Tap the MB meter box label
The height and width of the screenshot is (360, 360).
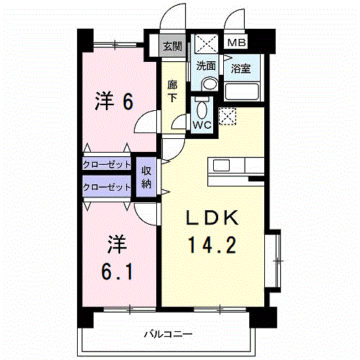[x=236, y=42]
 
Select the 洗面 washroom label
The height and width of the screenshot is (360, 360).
[x=206, y=66]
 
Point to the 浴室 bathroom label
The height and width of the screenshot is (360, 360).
[x=240, y=69]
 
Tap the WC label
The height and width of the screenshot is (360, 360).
[x=201, y=124]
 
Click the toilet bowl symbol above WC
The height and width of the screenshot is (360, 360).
[x=202, y=108]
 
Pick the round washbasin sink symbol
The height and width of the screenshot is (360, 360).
[x=208, y=84]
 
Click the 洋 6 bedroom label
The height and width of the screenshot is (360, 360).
[x=114, y=102]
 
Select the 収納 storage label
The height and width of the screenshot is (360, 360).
[x=146, y=177]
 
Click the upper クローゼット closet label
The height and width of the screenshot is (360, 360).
[x=107, y=164]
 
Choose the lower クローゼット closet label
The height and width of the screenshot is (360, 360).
[x=107, y=187]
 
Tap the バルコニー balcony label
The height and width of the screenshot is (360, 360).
[x=167, y=333]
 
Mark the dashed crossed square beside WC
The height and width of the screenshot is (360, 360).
[x=228, y=115]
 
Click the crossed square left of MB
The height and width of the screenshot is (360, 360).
[x=207, y=42]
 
